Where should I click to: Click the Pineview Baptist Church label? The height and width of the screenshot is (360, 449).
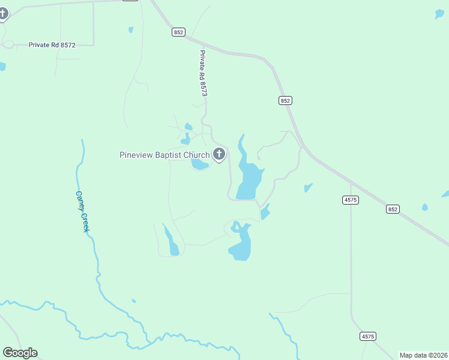click(x=164, y=155)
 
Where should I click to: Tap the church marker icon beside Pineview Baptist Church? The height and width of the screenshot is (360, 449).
click(x=219, y=154)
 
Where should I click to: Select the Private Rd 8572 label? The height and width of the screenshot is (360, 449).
click(x=52, y=45)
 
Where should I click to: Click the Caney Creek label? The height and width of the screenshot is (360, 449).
click(x=82, y=212)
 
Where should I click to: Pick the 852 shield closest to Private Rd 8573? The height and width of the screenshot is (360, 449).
click(x=178, y=32)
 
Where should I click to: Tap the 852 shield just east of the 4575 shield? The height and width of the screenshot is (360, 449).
click(x=393, y=209)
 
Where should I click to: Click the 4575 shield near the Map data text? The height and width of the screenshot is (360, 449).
click(x=368, y=337)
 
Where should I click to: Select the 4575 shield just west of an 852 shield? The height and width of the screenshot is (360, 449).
click(x=351, y=200)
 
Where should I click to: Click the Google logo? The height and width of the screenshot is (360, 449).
click(x=20, y=353)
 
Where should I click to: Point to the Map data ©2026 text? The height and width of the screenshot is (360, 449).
click(x=423, y=355)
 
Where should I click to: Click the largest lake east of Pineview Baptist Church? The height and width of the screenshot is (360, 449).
click(x=249, y=177)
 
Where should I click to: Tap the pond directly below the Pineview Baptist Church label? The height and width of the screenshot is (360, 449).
click(x=199, y=164)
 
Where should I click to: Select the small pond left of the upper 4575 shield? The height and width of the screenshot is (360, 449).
click(x=308, y=188)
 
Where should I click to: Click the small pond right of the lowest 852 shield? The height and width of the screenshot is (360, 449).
click(x=425, y=207)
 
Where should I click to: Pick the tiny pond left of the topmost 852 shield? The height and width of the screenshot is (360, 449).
click(x=130, y=29)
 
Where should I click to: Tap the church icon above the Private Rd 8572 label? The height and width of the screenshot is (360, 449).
click(x=3, y=13)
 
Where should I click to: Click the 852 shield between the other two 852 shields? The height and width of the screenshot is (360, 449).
click(x=285, y=101)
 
